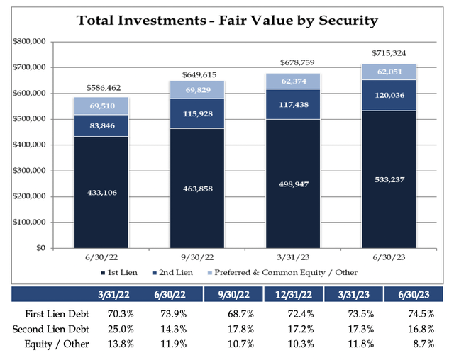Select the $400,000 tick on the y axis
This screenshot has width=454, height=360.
[x=28, y=145]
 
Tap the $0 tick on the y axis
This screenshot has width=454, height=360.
[x=41, y=248]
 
